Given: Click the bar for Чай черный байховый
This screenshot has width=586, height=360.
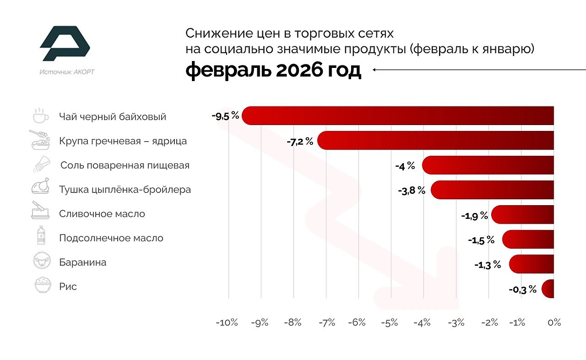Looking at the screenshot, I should pyautogui.click(x=398, y=116).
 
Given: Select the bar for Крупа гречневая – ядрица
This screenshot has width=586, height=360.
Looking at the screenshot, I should pyautogui.click(x=436, y=141).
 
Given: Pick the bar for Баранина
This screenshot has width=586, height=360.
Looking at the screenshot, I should pyautogui.click(x=531, y=264).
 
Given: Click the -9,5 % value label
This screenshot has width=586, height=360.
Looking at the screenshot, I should pyautogui.click(x=226, y=116).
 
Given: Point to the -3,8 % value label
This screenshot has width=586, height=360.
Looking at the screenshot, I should pyautogui.click(x=412, y=191).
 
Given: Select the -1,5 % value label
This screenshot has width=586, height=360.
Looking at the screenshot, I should pyautogui.click(x=481, y=240).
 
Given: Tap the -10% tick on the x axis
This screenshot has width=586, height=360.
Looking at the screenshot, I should pyautogui.click(x=227, y=323).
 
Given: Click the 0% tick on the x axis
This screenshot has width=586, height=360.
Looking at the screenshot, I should pyautogui.click(x=554, y=323).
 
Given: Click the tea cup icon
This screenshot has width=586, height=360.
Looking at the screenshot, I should pyautogui.click(x=41, y=116).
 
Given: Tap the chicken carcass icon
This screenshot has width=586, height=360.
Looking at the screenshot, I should pyautogui.click(x=41, y=189).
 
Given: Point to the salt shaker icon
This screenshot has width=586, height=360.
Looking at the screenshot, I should pyautogui.click(x=41, y=165).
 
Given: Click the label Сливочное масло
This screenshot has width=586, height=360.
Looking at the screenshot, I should pyautogui.click(x=102, y=214).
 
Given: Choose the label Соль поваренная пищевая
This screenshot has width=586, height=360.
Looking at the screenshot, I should pyautogui.click(x=125, y=165).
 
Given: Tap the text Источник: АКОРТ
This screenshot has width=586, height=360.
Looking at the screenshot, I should pyautogui.click(x=67, y=72).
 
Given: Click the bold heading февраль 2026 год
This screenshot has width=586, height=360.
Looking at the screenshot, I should pyautogui.click(x=273, y=70).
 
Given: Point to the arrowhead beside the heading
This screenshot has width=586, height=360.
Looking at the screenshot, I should pyautogui.click(x=376, y=70).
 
